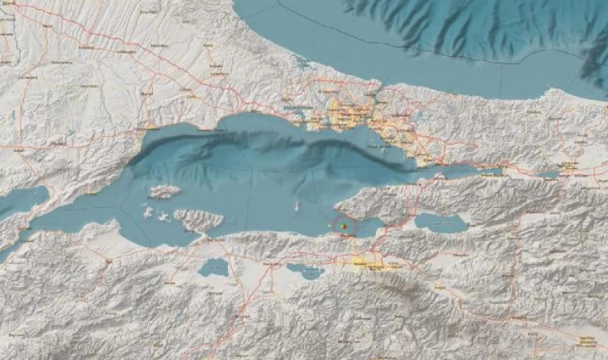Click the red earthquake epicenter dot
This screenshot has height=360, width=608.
pos(344,227)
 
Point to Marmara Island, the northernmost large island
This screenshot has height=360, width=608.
pos(165,192)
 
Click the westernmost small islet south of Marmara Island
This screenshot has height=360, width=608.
pos(147,212)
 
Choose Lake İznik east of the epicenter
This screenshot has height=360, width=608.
pos(441,222)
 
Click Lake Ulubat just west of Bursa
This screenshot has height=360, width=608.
pos(306,271)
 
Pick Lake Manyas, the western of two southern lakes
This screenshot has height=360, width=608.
pos(214,267)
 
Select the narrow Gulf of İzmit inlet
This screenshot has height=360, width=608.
pos(472,170)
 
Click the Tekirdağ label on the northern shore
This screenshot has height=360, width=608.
pos(149,126)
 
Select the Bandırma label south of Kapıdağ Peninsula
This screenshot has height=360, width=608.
pos(212,238)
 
